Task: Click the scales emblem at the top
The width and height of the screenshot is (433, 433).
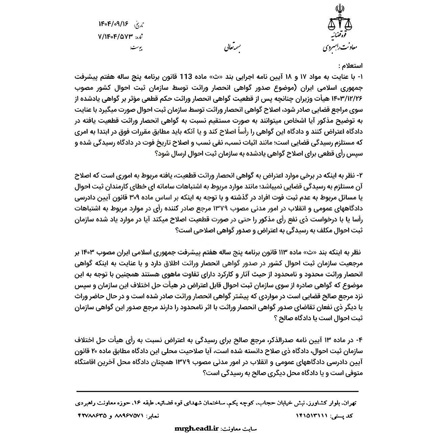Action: click(x=340, y=20)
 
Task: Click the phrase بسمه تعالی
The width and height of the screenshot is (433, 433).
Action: click(x=232, y=47)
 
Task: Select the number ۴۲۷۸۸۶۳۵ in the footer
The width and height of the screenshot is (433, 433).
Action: click(x=88, y=415)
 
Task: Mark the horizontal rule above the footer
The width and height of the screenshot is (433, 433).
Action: click(x=216, y=391)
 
